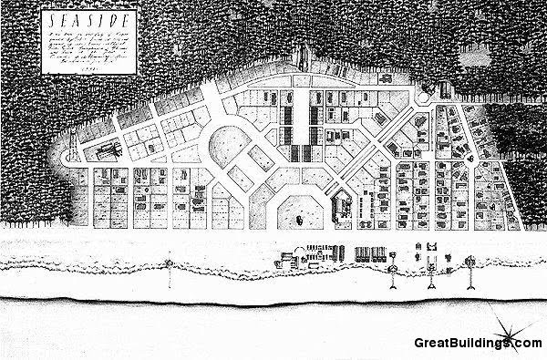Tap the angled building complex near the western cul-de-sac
103,146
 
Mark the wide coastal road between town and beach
273,239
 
